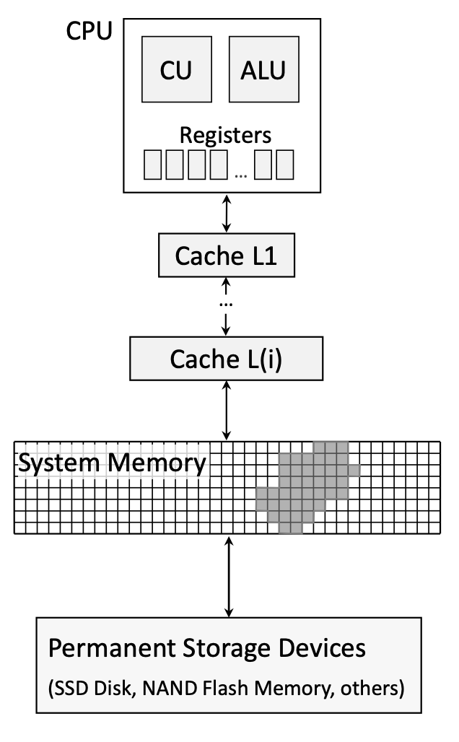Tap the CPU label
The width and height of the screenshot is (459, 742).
coord(89,33)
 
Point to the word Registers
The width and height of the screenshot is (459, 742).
coord(225,135)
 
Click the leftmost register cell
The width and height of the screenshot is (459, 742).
coord(152,166)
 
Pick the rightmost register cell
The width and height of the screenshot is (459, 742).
coord(285,166)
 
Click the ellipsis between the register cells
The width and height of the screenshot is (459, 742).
coord(241,172)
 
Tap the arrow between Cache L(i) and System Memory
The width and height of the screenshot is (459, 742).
coord(228,411)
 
